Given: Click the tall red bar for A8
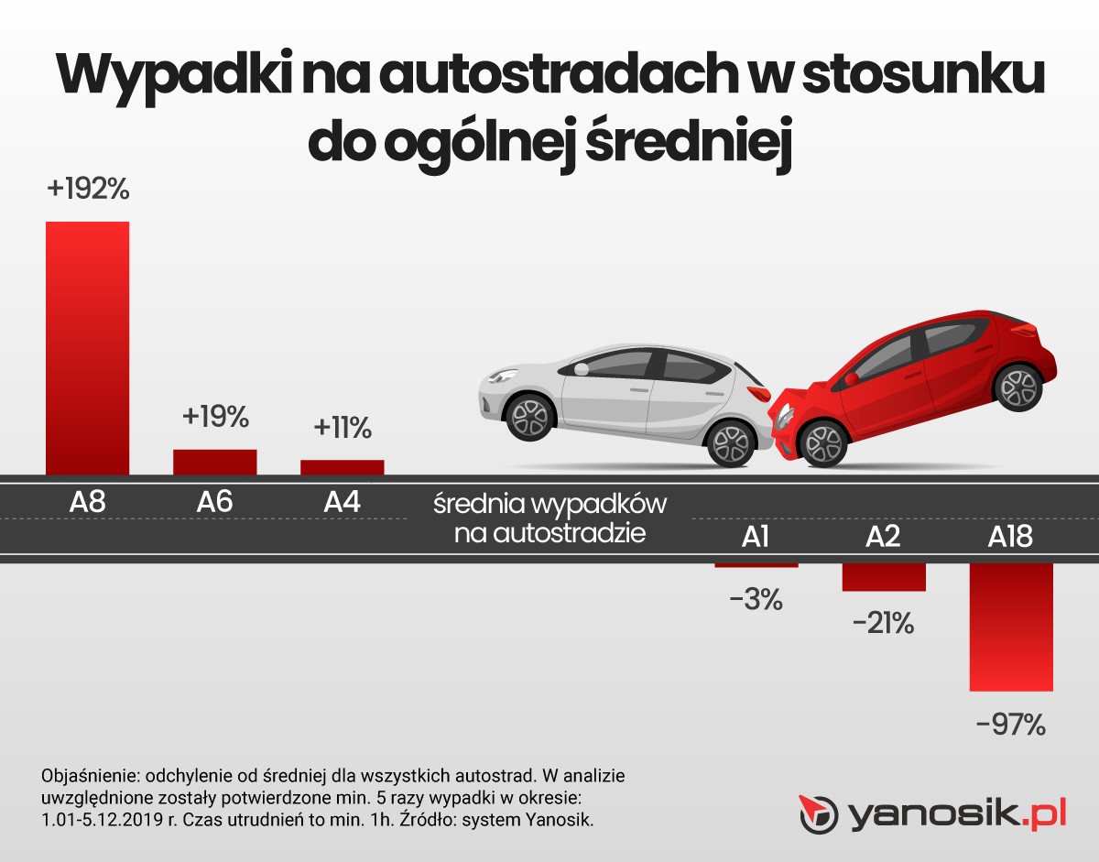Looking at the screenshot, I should pyautogui.click(x=88, y=348).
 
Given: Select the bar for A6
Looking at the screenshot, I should pyautogui.click(x=215, y=462).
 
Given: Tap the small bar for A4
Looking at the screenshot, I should pyautogui.click(x=343, y=467).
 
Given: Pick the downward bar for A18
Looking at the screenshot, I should pyautogui.click(x=1011, y=627).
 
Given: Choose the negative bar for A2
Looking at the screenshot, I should pyautogui.click(x=884, y=577).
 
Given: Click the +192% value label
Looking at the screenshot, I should pyautogui.click(x=88, y=191).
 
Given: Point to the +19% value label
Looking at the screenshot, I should pyautogui.click(x=215, y=417).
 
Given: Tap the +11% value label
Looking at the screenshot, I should pyautogui.click(x=343, y=428).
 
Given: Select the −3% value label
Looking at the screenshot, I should pyautogui.click(x=756, y=600).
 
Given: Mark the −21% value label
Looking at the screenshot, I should pyautogui.click(x=883, y=625).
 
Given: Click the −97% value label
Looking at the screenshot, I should pyautogui.click(x=1011, y=725).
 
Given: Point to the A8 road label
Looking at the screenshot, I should pyautogui.click(x=88, y=502).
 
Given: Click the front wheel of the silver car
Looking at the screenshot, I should pyautogui.click(x=528, y=417).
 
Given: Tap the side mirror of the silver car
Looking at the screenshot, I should pyautogui.click(x=581, y=368).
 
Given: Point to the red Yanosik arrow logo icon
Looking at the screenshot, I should pyautogui.click(x=819, y=813).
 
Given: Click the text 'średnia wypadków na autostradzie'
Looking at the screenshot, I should pyautogui.click(x=549, y=518).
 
